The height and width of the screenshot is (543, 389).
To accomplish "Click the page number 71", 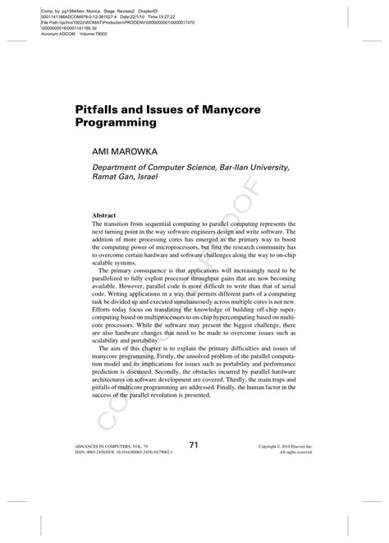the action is pyautogui.click(x=194, y=445).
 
